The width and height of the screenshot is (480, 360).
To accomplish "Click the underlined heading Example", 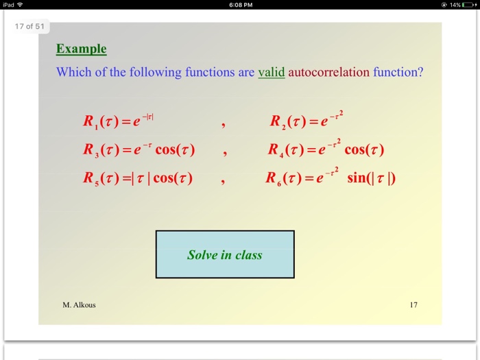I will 81,49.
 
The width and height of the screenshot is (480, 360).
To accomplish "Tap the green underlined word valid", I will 271,72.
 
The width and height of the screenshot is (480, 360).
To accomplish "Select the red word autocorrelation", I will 329,72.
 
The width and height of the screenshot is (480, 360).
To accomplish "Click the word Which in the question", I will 73,72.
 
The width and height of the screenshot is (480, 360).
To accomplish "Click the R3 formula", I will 139,150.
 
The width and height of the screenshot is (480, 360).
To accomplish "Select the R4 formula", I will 325,149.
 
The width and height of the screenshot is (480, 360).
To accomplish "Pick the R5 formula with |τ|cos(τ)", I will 137,178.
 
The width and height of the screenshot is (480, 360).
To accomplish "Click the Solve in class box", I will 225,254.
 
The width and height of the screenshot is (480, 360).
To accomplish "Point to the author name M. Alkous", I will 79,305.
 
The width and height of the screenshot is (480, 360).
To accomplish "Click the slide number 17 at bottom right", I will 413,305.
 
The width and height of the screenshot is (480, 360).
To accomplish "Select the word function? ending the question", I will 398,72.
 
